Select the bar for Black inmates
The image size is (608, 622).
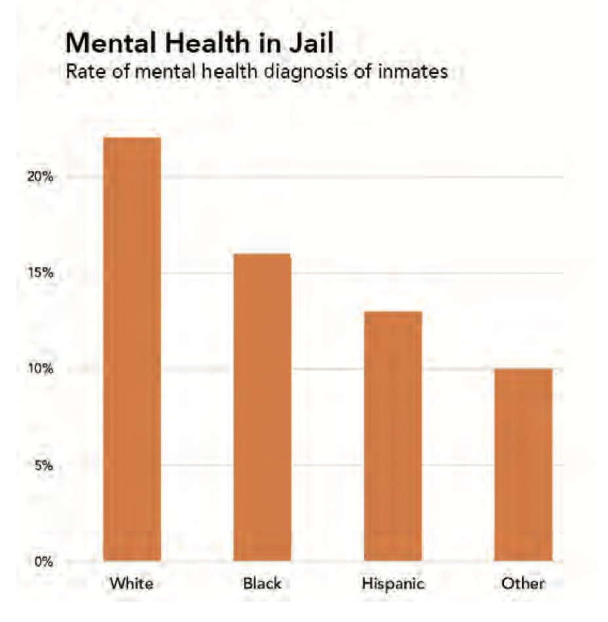pyautogui.click(x=262, y=407)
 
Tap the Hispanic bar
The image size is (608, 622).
pyautogui.click(x=392, y=436)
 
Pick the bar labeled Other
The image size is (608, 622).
pyautogui.click(x=523, y=465)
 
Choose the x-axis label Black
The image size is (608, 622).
pyautogui.click(x=262, y=583)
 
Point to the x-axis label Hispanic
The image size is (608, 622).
pyautogui.click(x=392, y=583)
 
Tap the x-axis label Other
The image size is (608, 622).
pyautogui.click(x=523, y=583)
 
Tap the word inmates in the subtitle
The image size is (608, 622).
pyautogui.click(x=413, y=71)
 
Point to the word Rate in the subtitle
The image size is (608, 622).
pyautogui.click(x=83, y=71)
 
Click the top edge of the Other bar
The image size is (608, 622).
pyautogui.click(x=523, y=369)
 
